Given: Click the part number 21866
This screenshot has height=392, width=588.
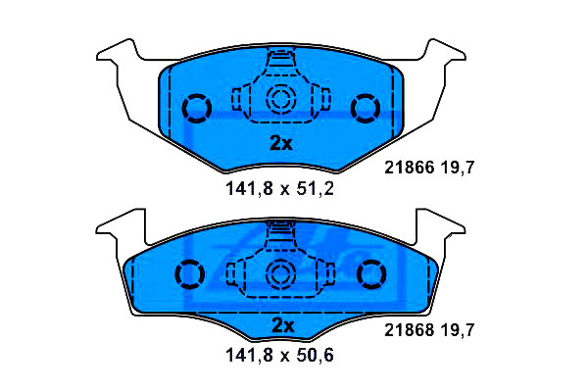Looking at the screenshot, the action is coord(409,168).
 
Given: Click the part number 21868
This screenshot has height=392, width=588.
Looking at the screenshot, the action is coord(409,330).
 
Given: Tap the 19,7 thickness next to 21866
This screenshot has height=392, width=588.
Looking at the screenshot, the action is coord(457,168).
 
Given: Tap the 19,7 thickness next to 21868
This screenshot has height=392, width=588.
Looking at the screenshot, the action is coord(457,330).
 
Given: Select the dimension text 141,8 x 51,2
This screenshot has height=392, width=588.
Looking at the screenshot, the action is coord(279,189).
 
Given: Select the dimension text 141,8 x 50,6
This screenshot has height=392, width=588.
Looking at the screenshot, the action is coord(279,355).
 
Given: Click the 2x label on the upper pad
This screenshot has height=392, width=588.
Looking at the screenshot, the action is coord(281,143).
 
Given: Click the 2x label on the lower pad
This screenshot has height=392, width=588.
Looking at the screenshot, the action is coord(283,325).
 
